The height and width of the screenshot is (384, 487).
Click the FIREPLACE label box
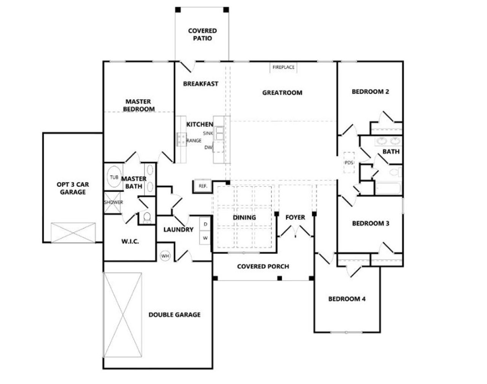pyautogui.click(x=283, y=67)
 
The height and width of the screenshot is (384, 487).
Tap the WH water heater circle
pyautogui.click(x=165, y=256)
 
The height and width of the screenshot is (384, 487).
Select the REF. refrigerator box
pyautogui.click(x=203, y=186)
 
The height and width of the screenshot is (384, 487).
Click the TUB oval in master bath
pyautogui.click(x=114, y=177)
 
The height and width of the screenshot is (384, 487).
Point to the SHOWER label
pyautogui.click(x=113, y=202)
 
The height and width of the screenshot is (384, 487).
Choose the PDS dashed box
pyautogui.click(x=349, y=163)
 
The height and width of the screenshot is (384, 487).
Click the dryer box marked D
pyautogui.click(x=205, y=225)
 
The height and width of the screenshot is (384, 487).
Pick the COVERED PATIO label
pyautogui.click(x=202, y=35)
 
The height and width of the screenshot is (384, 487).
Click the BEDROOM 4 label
pyautogui.click(x=347, y=299)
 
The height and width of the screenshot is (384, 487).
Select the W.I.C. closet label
pyautogui.click(x=130, y=241)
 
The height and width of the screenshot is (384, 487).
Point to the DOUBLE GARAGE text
pyautogui.click(x=174, y=315)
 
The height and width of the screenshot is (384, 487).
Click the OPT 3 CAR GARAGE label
pyautogui.click(x=73, y=188)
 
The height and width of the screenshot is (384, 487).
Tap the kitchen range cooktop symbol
pyautogui.click(x=181, y=139)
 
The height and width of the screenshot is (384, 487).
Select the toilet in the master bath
pyautogui.click(x=147, y=218)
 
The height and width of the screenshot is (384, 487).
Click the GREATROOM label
pyautogui.click(x=282, y=92)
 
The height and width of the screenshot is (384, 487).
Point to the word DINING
pyautogui.click(x=244, y=218)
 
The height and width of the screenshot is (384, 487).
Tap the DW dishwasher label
pyautogui.click(x=208, y=148)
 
